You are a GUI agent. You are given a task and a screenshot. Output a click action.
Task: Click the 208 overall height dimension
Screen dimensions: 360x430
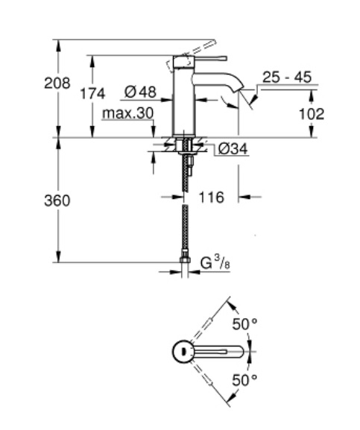click(57, 83)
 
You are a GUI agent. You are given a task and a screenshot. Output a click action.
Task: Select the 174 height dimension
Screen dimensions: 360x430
click(92, 93)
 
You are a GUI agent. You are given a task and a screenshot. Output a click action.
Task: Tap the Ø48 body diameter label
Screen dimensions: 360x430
click(140, 92)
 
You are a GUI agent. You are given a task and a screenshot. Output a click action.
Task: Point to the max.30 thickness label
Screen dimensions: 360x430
click(127, 113)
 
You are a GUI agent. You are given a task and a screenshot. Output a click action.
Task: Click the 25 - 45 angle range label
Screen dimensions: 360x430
click(287, 77)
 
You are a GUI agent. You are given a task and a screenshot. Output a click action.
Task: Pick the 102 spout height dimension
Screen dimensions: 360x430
click(312, 114)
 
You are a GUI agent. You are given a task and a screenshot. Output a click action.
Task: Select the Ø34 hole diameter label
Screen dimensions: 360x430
click(233, 149)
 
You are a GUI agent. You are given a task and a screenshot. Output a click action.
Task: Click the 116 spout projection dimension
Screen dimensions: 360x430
click(211, 197)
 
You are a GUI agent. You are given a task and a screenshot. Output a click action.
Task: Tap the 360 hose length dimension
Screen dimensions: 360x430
click(57, 200)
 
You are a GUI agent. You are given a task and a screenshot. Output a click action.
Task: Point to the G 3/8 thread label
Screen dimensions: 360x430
click(215, 264)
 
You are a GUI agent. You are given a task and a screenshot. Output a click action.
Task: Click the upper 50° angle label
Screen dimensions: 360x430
click(244, 324)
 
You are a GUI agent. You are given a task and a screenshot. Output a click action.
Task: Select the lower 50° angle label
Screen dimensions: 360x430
click(244, 380)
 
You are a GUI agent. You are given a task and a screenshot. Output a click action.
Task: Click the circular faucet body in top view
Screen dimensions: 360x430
click(183, 352)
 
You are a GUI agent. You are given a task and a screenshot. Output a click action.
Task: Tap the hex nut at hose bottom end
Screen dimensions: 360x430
click(186, 259)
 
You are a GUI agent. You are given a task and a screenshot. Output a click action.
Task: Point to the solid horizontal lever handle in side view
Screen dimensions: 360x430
click(211, 58)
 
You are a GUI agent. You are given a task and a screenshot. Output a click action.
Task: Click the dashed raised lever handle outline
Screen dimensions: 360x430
click(192, 57)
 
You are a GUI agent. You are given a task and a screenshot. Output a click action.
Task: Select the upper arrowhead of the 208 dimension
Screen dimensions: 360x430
click(58, 45)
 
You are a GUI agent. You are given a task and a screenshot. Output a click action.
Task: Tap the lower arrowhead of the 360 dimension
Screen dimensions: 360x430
click(58, 257)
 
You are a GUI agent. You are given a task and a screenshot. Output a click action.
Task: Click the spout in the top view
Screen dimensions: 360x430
click(219, 352)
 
